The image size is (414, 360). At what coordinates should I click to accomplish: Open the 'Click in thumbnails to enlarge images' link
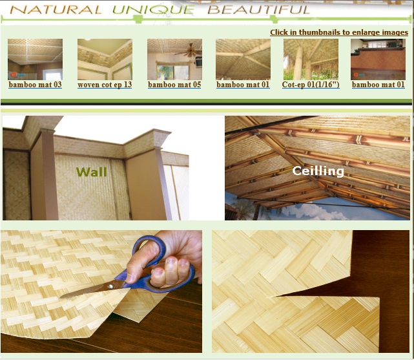pos(338,32)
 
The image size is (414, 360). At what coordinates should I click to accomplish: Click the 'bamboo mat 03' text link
pos(36,85)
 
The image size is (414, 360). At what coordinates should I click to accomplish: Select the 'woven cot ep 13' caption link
pos(105,85)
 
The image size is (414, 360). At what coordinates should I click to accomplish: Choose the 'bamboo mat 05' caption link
pos(174,85)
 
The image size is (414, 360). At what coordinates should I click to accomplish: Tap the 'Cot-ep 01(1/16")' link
pos(311,85)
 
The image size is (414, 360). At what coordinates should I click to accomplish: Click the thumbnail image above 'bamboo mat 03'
pos(36,59)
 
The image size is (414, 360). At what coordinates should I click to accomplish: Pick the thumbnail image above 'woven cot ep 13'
pos(105,59)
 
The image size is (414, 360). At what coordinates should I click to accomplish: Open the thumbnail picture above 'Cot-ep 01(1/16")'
pos(311,59)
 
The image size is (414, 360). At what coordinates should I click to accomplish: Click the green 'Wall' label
pos(91,172)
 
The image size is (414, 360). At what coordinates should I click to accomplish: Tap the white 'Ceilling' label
pos(318,171)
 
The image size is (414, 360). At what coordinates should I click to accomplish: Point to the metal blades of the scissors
pos(90,290)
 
